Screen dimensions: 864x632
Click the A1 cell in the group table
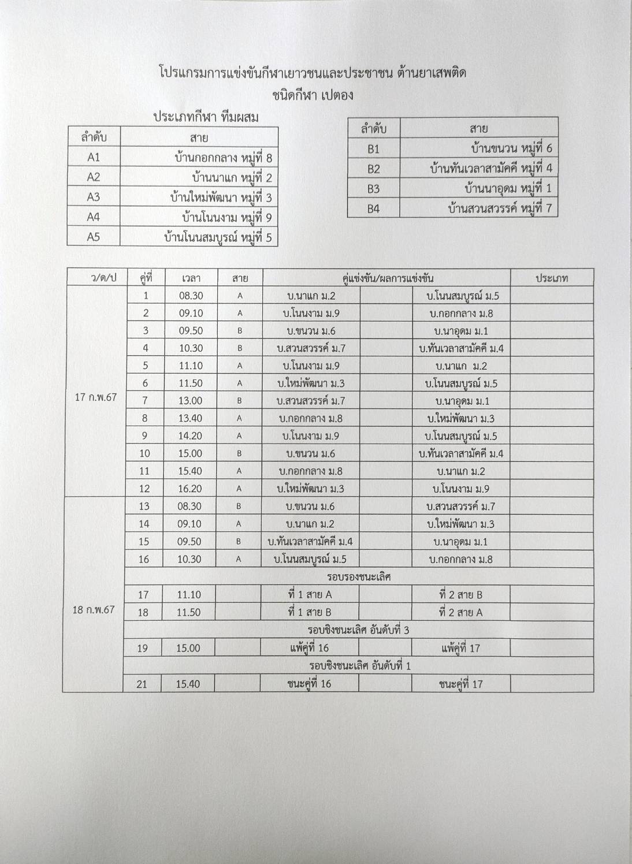tap(94, 158)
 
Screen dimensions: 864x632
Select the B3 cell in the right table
tap(374, 189)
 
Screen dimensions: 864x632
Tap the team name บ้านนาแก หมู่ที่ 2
tap(232, 177)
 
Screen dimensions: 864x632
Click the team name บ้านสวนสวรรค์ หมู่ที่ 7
tap(500, 208)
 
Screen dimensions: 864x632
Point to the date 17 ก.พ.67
tap(96, 397)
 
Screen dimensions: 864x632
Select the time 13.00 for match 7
tap(190, 401)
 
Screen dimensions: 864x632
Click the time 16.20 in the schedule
tap(189, 489)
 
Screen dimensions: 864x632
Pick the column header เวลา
tap(191, 278)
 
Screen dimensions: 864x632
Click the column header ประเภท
tap(552, 278)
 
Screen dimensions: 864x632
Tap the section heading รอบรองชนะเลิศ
tap(359, 577)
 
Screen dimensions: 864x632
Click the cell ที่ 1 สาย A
tap(310, 594)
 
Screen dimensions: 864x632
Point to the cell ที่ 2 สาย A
tap(460, 612)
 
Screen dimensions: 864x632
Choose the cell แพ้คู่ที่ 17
tap(460, 648)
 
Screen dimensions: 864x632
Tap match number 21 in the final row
tap(142, 684)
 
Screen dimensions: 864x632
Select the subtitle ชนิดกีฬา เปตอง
tap(313, 94)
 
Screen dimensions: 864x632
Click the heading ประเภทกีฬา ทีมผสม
tap(206, 117)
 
